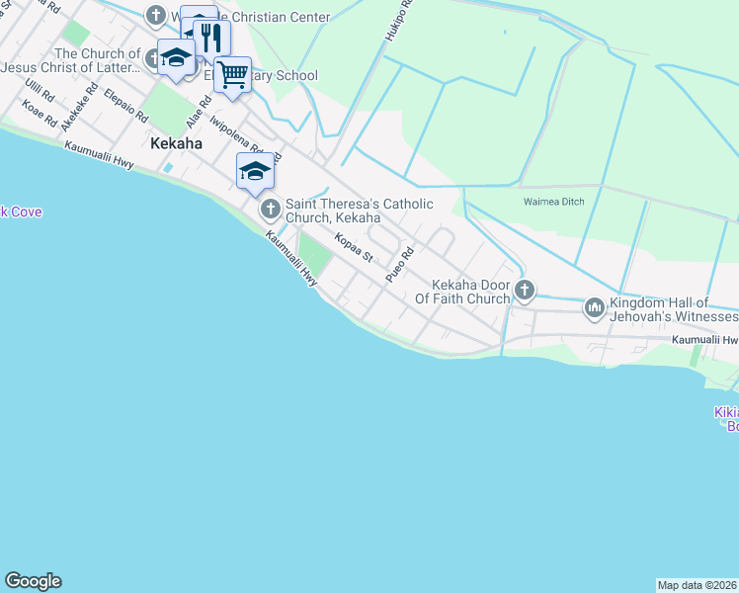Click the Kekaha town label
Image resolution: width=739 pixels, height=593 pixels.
coord(176,143)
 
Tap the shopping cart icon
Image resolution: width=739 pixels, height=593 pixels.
coord(233,74)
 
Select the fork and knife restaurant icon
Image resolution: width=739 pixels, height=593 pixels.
coord(211,38)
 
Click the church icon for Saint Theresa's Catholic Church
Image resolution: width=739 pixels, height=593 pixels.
coord(270,210)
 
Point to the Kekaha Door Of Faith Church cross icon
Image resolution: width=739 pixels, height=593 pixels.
coord(525,290)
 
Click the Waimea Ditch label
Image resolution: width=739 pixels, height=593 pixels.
coord(553,202)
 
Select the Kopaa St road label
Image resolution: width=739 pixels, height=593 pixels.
coord(353,247)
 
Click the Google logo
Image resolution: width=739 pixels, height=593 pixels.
coord(33,581)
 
